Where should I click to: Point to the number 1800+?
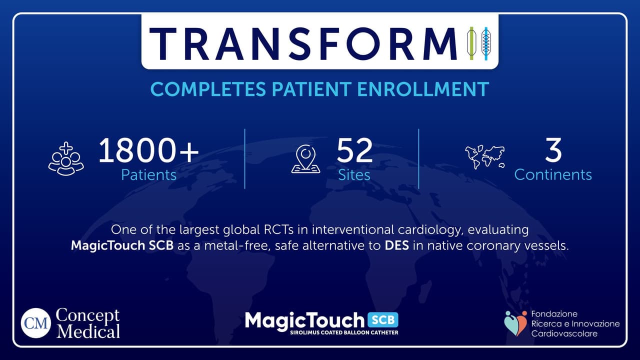coord(148,150)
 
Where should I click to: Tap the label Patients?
coord(148,175)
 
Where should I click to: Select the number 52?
coord(354,150)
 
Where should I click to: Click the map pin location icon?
coord(306,159)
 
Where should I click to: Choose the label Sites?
coord(354,175)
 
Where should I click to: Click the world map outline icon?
coord(484,156)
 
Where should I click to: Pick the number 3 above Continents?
coord(553,150)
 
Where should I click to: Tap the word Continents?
coord(553,175)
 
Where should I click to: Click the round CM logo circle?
coord(36,323)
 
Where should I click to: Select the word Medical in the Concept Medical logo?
coord(88,331)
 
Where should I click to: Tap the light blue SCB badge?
coord(383,319)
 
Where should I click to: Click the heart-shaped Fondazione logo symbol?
coord(515,323)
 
